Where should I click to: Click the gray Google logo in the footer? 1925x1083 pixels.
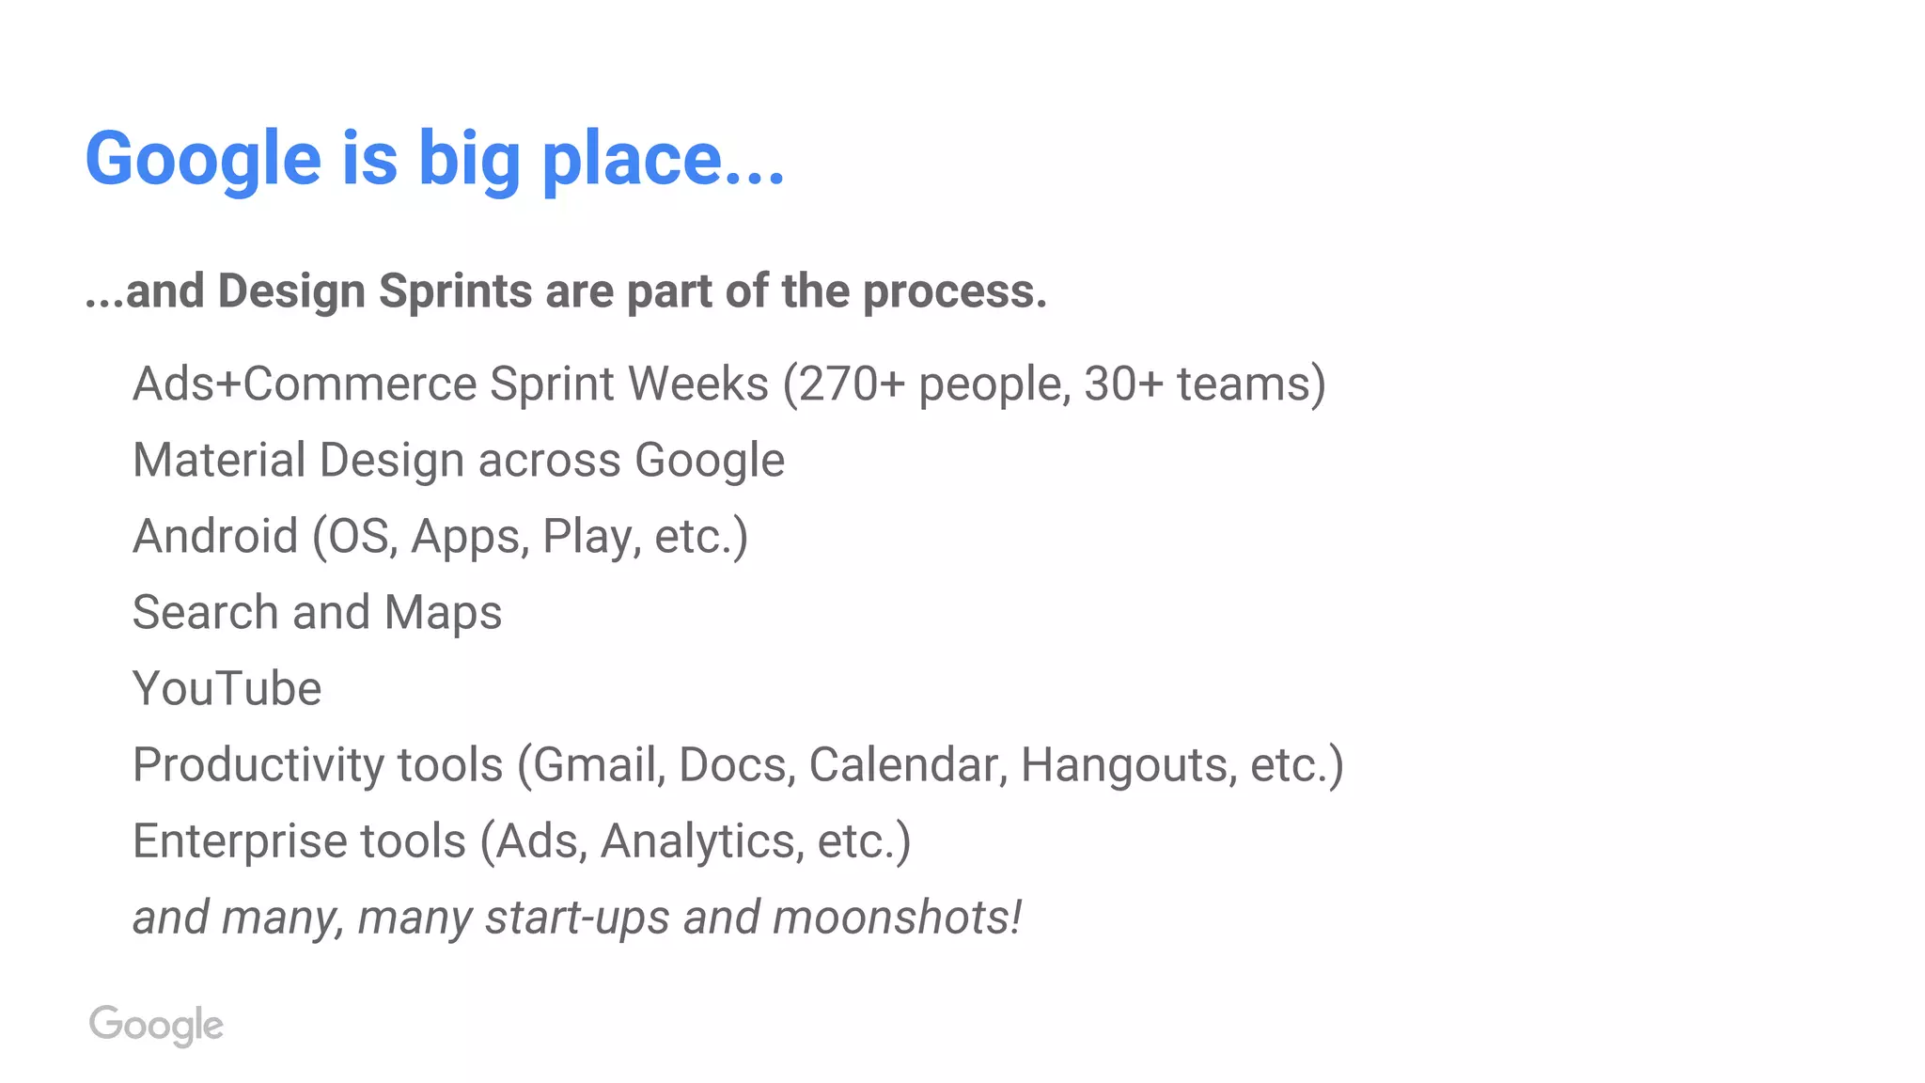click(x=156, y=1025)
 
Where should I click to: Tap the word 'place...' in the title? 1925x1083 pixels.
click(x=664, y=160)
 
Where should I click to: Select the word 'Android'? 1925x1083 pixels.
click(x=215, y=536)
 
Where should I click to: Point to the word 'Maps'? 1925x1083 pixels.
click(x=443, y=613)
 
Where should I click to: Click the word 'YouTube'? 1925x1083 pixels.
click(x=227, y=688)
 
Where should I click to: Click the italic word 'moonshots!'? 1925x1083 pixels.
click(x=897, y=918)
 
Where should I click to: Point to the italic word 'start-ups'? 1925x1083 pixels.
click(x=577, y=918)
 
